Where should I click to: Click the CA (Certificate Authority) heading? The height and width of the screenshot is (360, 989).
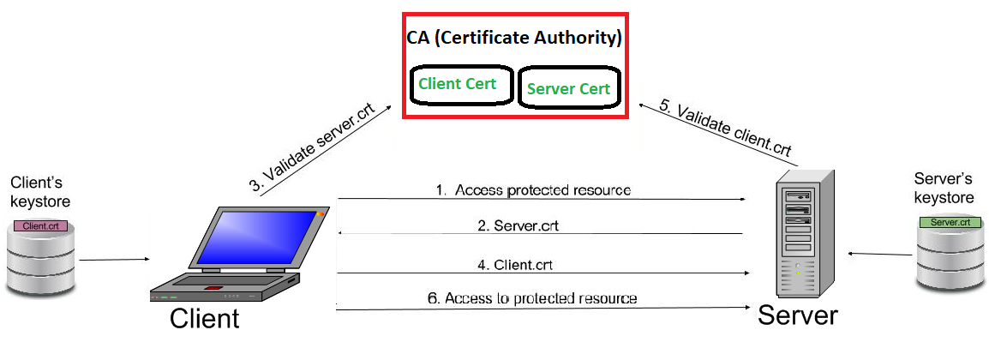(x=514, y=39)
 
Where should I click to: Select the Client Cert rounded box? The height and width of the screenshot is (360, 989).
(x=461, y=84)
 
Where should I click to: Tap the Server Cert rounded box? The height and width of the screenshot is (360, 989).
(x=567, y=88)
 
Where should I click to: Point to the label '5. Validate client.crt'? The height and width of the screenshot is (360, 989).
(x=724, y=129)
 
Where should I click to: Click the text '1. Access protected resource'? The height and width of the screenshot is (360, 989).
(x=533, y=190)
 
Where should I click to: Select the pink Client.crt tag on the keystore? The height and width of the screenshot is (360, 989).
(x=39, y=227)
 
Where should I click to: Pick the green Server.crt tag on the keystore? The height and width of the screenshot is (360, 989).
(x=950, y=222)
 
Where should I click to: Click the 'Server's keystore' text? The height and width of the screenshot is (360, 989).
(x=944, y=189)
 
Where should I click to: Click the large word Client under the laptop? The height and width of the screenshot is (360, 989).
(x=204, y=319)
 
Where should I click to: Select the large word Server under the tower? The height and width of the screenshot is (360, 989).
(x=797, y=315)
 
